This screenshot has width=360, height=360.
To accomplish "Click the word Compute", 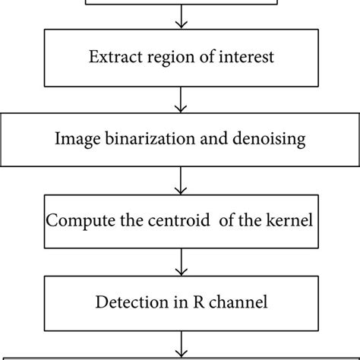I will click(80, 222).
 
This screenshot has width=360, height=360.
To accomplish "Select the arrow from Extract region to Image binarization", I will click(180, 99).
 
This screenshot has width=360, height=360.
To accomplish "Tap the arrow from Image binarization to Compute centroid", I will click(180, 181).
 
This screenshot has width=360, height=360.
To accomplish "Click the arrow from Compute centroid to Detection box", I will click(180, 263).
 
